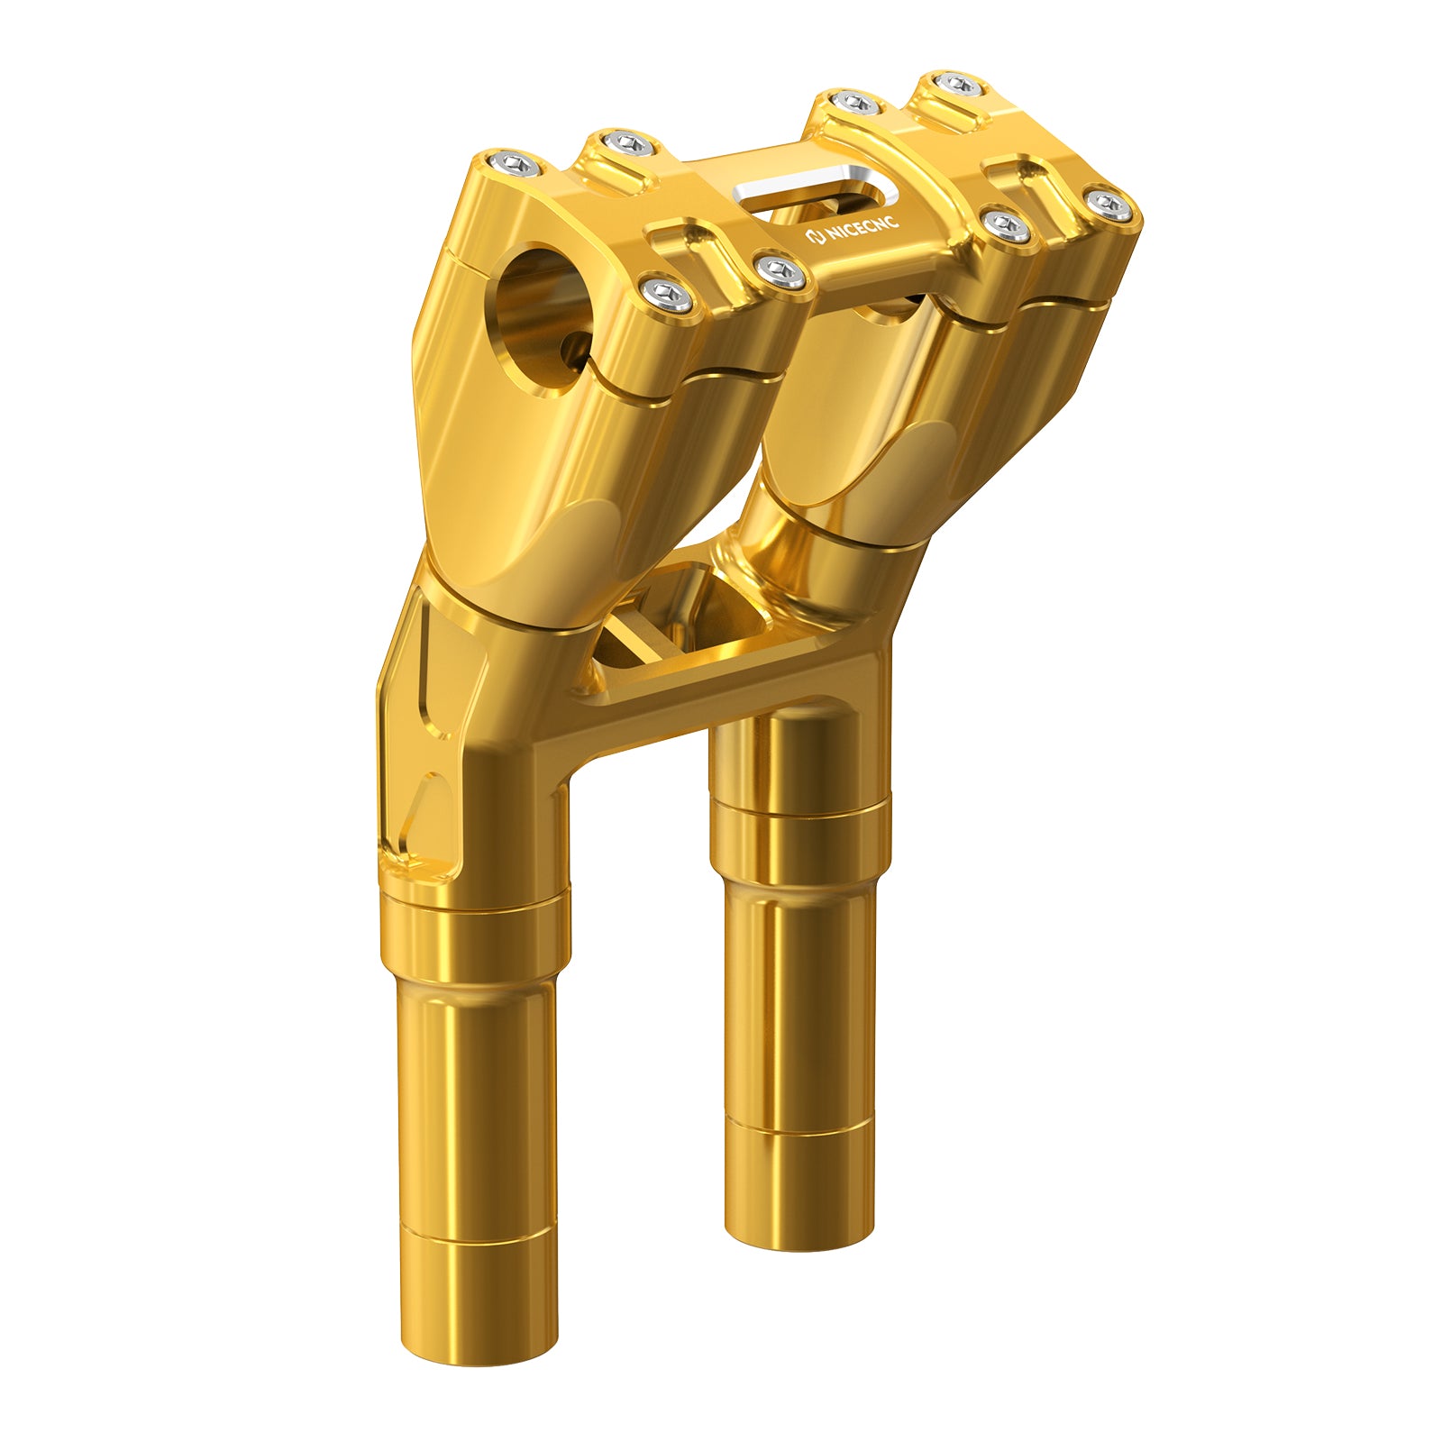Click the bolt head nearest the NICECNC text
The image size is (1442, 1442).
(x=780, y=273)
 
